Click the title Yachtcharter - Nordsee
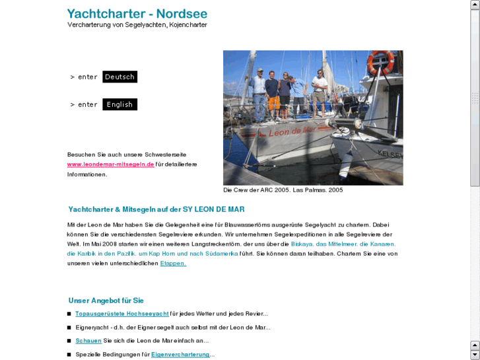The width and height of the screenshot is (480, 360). pyautogui.click(x=137, y=13)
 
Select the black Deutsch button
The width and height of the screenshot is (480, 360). pyautogui.click(x=120, y=77)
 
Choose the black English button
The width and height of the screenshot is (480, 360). pyautogui.click(x=120, y=104)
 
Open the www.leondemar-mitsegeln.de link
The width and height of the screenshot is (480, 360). pyautogui.click(x=110, y=164)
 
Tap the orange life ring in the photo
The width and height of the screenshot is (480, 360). pyautogui.click(x=380, y=61)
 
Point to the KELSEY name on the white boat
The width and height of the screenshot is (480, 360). pyautogui.click(x=390, y=153)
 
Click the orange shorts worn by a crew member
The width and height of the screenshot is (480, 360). pyautogui.click(x=273, y=102)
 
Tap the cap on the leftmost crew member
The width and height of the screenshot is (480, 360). pyautogui.click(x=259, y=70)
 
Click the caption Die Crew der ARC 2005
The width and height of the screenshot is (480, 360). pyautogui.click(x=283, y=190)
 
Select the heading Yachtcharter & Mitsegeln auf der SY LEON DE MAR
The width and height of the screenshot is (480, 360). pyautogui.click(x=156, y=209)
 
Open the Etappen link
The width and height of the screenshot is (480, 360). pyautogui.click(x=173, y=263)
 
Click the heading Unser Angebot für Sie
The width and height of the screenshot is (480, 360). pyautogui.click(x=106, y=301)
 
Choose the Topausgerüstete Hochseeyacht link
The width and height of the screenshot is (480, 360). pyautogui.click(x=122, y=314)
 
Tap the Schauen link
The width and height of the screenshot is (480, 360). pyautogui.click(x=88, y=341)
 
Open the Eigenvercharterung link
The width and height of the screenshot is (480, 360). pyautogui.click(x=180, y=355)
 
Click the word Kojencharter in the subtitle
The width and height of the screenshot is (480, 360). pyautogui.click(x=188, y=25)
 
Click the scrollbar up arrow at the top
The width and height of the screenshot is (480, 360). pyautogui.click(x=475, y=5)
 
